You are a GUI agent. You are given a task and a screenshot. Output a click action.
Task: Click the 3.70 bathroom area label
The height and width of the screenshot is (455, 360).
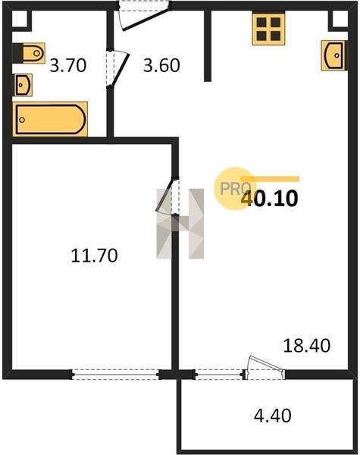tap(68, 65)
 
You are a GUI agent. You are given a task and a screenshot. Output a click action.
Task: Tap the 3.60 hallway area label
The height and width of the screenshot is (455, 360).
tap(161, 65)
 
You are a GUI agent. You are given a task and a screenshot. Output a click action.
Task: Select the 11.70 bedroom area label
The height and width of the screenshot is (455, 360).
tap(94, 256)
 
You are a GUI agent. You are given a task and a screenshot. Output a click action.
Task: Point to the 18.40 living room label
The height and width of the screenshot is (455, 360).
tap(307, 346)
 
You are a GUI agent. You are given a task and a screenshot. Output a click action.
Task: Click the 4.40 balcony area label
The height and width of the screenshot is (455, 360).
tap(272, 416)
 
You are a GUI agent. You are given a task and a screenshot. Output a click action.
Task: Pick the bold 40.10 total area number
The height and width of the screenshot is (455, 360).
tap(270, 199)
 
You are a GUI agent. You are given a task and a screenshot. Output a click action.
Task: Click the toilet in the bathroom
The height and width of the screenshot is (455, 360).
tap(29, 53)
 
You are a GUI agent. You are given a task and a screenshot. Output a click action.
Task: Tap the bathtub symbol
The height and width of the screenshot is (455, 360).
tap(50, 119)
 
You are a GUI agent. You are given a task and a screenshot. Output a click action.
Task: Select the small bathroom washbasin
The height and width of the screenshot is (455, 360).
tap(23, 85)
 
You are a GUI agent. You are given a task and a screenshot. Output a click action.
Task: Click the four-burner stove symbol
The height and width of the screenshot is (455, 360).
tap(268, 29)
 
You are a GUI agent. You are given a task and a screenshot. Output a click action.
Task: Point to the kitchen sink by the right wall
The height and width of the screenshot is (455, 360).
tap(333, 55)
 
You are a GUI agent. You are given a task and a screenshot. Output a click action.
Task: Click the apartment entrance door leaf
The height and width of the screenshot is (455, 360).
tap(146, 19)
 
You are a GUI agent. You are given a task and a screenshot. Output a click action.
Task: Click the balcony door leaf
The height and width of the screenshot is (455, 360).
tap(266, 363)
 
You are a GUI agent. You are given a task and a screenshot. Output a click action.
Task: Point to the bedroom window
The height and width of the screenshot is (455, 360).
tap(115, 375)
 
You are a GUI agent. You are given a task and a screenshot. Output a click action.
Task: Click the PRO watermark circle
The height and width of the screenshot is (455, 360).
tap(234, 189)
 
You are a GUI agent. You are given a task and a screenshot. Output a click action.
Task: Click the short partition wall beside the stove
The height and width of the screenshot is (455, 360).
tap(208, 45)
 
